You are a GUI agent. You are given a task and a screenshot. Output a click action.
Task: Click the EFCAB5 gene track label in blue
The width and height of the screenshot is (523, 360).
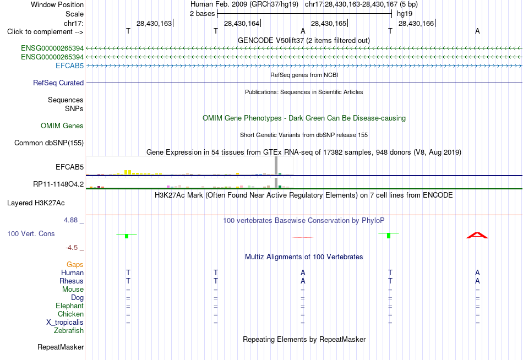pos(69,66)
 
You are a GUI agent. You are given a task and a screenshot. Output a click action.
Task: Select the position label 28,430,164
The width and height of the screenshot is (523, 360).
pos(242,23)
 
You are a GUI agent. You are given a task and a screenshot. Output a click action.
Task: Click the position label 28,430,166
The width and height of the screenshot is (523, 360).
pos(416,23)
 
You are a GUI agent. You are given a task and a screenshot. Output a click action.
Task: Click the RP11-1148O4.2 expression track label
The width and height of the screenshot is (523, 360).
pos(58,184)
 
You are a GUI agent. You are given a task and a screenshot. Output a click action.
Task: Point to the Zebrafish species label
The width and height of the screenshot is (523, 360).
pos(69,331)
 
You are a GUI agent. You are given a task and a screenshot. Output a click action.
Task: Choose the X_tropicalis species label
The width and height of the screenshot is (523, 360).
pos(65,323)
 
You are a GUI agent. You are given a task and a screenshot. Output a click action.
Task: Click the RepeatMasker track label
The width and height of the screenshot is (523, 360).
pos(61,347)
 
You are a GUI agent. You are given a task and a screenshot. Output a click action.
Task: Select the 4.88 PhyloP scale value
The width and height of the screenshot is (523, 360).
pos(70,220)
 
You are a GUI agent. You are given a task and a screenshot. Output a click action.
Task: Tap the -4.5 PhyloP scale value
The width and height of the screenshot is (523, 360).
pos(72,248)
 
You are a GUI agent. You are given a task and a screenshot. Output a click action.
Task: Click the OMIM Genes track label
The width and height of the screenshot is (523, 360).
pos(62,126)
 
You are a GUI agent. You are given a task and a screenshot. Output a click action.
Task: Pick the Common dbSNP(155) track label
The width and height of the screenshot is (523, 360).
pos(49,143)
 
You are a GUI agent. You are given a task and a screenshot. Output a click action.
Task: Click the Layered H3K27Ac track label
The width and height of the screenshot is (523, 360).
pos(36,203)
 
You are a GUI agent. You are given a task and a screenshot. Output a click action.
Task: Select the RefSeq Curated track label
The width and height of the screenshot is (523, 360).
pos(58,83)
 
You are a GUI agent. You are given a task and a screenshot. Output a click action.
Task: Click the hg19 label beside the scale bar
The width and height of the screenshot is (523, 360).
pos(405,14)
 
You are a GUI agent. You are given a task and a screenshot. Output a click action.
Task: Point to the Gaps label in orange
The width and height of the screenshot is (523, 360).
pos(75,265)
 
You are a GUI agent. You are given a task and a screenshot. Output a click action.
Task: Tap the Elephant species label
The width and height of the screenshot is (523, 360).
pos(70,306)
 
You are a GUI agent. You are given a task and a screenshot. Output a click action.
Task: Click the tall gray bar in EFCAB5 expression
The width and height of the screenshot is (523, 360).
pos(276,166)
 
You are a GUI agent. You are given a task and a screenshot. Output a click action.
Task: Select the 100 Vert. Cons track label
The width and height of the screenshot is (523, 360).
pos(31,233)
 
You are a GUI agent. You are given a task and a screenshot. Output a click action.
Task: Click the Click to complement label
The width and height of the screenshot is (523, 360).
pos(45,32)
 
